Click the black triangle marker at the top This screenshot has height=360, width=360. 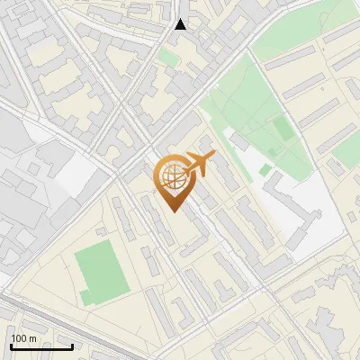pyautogui.click(x=181, y=24)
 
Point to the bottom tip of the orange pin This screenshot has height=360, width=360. pyautogui.click(x=174, y=211)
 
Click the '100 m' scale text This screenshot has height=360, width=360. pyautogui.click(x=24, y=338)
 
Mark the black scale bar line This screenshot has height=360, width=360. pyautogui.click(x=41, y=346)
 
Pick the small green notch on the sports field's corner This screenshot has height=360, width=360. pyautogui.click(x=85, y=297)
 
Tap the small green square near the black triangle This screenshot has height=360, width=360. pyautogui.click(x=168, y=58)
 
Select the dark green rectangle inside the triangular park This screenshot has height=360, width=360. pyautogui.click(x=283, y=128)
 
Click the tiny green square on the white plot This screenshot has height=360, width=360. pyautogui.click(x=265, y=169)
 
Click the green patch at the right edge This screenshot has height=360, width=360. pyautogui.click(x=346, y=162)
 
